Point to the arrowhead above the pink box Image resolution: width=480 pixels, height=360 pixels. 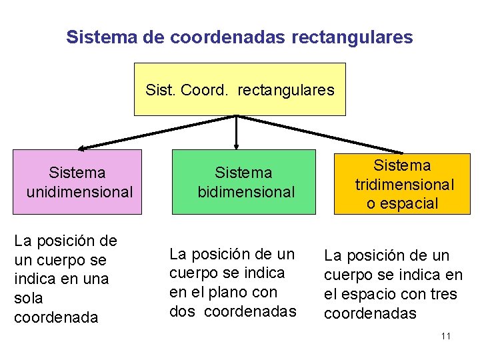(x=81, y=148)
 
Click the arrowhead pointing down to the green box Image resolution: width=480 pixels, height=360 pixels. (x=236, y=145)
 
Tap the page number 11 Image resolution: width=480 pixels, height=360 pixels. (x=445, y=336)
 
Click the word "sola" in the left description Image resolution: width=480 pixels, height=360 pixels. (x=29, y=298)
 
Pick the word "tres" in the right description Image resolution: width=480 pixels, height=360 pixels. (x=443, y=294)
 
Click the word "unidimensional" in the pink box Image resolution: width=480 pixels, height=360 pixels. (x=80, y=193)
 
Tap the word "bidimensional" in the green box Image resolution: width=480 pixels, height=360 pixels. (x=246, y=193)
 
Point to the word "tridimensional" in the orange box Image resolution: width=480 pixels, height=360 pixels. (x=405, y=185)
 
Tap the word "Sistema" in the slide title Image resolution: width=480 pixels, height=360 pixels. (x=101, y=37)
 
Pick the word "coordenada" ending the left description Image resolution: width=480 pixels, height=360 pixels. (x=56, y=317)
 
